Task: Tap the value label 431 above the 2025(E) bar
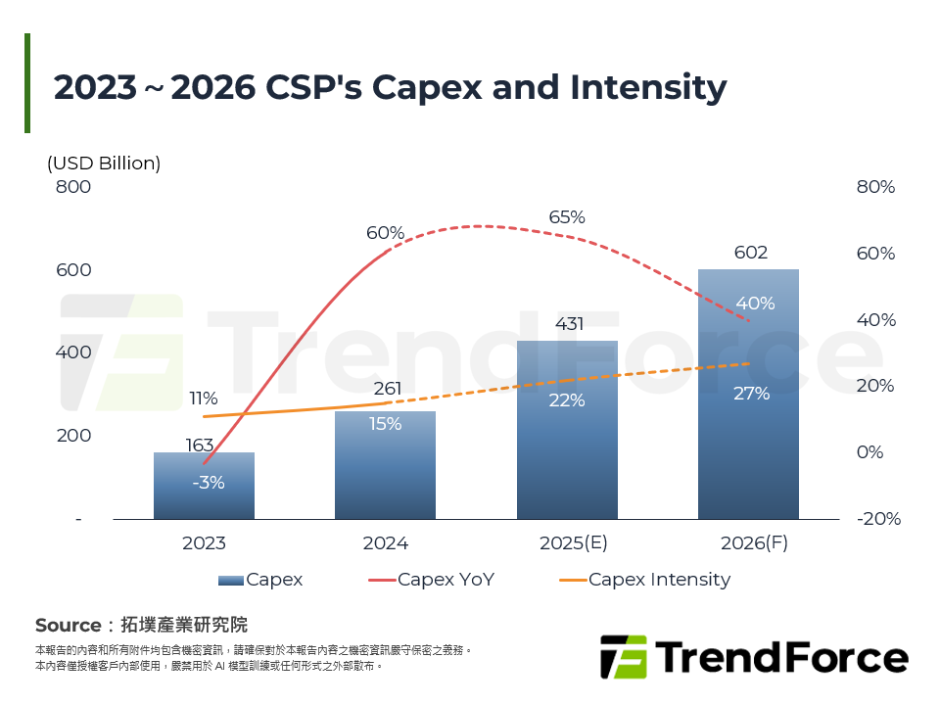point(569,324)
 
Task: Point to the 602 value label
point(750,253)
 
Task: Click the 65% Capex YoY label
point(567,217)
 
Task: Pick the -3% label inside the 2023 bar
point(209,482)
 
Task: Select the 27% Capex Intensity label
point(751,394)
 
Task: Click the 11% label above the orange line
point(204,399)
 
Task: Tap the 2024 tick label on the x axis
point(385,543)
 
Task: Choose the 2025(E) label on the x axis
point(567,543)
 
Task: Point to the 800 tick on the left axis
point(72,187)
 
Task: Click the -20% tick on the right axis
point(877,519)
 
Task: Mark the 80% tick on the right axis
point(875,187)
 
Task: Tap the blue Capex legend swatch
point(231,580)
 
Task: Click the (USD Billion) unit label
point(104,164)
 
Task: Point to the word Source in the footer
point(69,625)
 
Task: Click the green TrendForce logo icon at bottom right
point(623,657)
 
